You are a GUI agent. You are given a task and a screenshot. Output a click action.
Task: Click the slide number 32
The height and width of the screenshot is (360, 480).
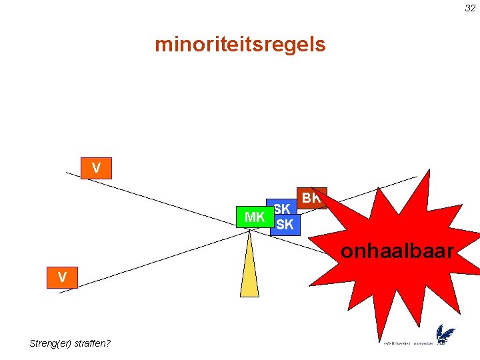[x=470, y=8]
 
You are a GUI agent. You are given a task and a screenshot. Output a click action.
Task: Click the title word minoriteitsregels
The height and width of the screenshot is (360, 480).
[x=240, y=45]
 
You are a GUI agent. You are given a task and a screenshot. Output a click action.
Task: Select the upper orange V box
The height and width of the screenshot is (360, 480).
[x=96, y=169]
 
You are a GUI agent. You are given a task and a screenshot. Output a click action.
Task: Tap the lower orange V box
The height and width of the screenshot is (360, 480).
[x=62, y=277]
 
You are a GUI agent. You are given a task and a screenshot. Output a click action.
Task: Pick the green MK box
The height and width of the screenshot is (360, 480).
[x=255, y=217]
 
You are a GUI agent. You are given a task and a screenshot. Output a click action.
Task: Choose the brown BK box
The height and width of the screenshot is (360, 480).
[x=311, y=198]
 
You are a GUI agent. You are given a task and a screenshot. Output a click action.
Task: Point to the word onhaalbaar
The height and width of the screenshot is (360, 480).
[x=397, y=251]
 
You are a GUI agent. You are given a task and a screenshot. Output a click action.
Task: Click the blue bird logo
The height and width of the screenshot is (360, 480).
[x=445, y=335]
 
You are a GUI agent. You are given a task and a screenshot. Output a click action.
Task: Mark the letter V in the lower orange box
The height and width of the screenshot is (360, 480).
[x=62, y=277]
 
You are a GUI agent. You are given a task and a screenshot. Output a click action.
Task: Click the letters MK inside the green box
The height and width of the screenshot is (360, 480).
[x=255, y=217]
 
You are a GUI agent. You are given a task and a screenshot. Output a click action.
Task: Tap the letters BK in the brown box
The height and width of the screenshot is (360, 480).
[x=311, y=198]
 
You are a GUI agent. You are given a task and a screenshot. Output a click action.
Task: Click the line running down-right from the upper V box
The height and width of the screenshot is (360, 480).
[x=167, y=200]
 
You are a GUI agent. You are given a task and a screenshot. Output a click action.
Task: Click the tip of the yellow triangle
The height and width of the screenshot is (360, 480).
[x=249, y=231]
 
